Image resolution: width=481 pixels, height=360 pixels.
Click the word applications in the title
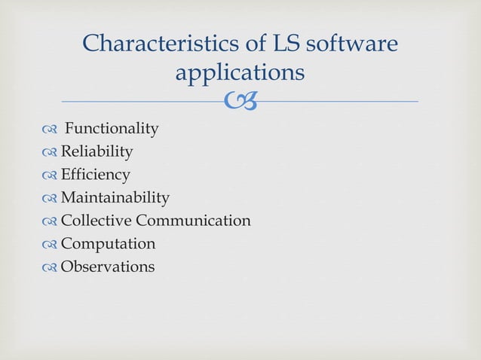[x=240, y=73]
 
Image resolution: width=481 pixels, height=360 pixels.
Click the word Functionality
[x=112, y=129]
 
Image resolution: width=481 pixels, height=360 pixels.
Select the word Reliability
[x=97, y=152]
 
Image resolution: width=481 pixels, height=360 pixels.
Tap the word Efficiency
[x=95, y=175]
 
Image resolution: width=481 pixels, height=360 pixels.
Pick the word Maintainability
[x=115, y=198]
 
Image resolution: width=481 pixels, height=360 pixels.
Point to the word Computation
[x=108, y=244]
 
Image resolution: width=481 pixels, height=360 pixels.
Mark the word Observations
[x=107, y=267]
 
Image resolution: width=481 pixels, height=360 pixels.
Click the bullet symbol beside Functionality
[x=50, y=130]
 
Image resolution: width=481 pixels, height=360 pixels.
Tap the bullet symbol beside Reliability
[x=50, y=153]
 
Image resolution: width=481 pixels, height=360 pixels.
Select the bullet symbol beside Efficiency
[x=50, y=175]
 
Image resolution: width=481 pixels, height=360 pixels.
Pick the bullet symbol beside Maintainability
[x=50, y=199]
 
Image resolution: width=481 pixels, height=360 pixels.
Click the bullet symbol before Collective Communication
[x=50, y=221]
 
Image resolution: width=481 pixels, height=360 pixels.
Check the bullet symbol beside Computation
[x=50, y=245]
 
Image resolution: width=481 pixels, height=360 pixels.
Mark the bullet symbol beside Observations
[x=50, y=267]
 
